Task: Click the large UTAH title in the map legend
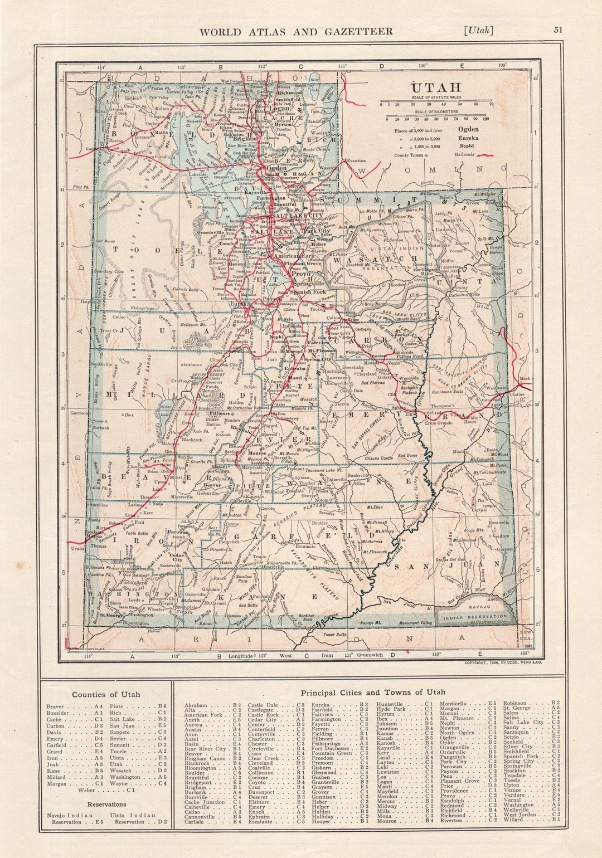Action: point(435,87)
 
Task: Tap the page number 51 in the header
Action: point(558,31)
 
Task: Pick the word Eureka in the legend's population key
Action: point(468,138)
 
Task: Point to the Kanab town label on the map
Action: point(206,622)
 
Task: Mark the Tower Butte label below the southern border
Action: point(334,634)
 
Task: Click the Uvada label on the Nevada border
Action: point(77,548)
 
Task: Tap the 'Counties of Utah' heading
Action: point(106,694)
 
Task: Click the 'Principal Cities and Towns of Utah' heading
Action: point(373,692)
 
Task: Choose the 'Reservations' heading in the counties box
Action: point(106,804)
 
